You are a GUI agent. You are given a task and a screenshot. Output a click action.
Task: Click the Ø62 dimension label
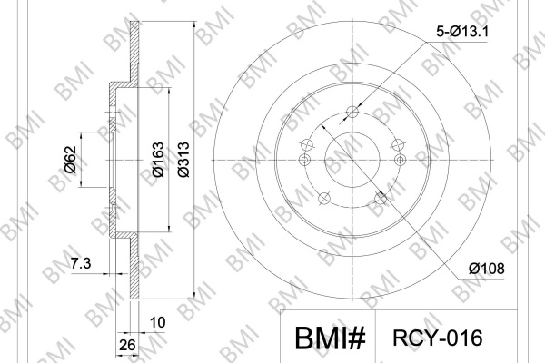[x=70, y=160]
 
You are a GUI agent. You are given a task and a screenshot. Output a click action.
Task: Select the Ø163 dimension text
[x=158, y=160]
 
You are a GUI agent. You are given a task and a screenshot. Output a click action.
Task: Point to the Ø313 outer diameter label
[x=183, y=160]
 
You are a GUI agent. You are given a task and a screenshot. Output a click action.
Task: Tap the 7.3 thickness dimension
[x=81, y=264]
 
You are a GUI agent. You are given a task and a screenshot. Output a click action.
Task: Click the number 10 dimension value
[x=157, y=323]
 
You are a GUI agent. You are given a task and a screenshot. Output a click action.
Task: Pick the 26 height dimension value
[x=127, y=345]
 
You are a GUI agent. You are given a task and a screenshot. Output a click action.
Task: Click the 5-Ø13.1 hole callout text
[x=462, y=32]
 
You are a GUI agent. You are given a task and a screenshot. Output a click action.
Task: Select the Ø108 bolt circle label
[x=486, y=269]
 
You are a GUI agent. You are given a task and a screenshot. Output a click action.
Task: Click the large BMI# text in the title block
[x=331, y=338]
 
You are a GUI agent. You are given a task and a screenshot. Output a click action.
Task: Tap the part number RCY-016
[x=438, y=338]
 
